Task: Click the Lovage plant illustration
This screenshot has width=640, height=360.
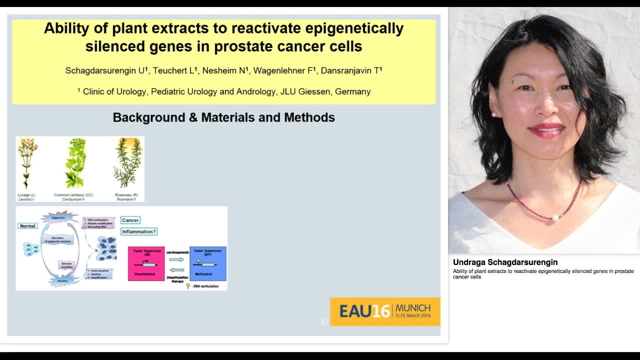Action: coord(27,163)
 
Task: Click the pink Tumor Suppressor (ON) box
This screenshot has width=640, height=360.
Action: coord(146,263)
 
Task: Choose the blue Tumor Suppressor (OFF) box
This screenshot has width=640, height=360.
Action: coord(207,263)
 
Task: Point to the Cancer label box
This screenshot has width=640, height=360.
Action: coord(130,220)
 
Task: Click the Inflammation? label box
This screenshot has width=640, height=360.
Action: coord(139,231)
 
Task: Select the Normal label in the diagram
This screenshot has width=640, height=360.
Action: coord(27,226)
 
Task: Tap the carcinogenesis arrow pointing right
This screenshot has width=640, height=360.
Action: coord(176,259)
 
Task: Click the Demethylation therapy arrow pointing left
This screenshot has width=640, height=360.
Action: coord(176,270)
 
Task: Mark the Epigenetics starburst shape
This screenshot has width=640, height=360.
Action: coord(59,217)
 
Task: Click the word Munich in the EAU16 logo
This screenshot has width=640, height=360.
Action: coord(413,307)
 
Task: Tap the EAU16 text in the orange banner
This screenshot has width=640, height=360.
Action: coord(364,311)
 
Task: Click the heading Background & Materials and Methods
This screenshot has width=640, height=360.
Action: coord(223,117)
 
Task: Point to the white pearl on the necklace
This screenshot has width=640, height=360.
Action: coord(554,217)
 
